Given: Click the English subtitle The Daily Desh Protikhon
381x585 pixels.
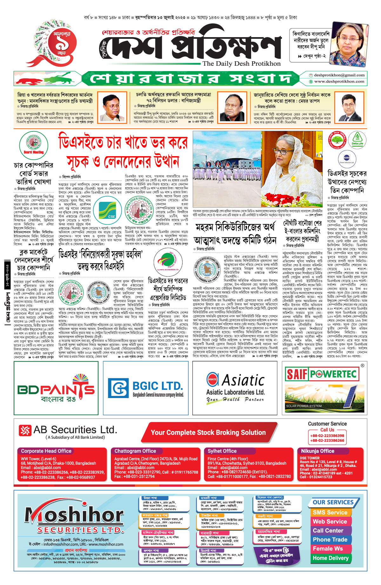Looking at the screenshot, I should (241, 63).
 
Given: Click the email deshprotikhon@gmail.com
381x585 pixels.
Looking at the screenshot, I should (339, 75).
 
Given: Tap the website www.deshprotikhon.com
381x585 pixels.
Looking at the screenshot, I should (339, 82).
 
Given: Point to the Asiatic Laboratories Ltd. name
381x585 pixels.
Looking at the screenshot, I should (235, 392).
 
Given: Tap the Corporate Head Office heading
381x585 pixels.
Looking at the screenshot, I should (46, 451).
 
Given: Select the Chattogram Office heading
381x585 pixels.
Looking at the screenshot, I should (135, 451).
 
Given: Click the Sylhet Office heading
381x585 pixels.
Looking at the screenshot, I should (222, 451).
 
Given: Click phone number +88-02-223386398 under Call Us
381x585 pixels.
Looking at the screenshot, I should (327, 436).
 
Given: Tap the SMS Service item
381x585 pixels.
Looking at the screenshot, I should (330, 513).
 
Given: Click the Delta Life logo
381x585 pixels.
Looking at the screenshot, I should (357, 139).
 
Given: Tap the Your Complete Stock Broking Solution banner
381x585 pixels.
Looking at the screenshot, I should (208, 433).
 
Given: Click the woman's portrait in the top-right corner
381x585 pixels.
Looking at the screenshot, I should (348, 44).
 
